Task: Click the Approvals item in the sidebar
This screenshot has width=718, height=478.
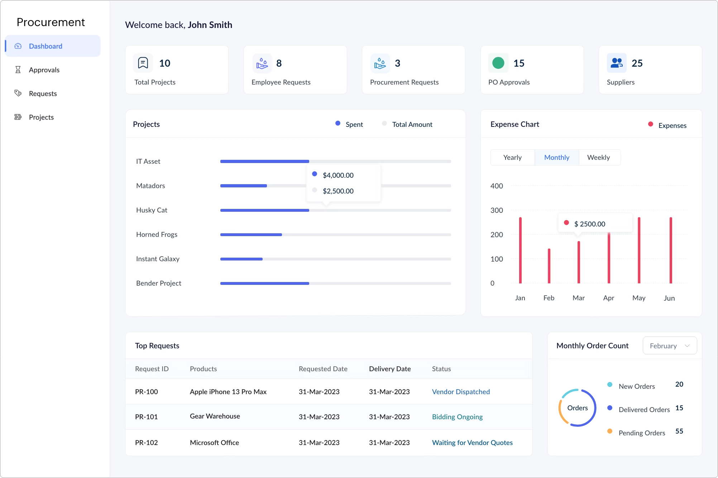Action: (x=44, y=70)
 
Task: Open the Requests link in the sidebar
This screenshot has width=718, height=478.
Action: (x=43, y=94)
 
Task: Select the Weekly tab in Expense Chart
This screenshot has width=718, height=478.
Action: (x=598, y=157)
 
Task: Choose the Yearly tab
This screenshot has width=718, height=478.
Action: (x=512, y=157)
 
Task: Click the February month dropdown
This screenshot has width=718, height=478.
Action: (x=669, y=346)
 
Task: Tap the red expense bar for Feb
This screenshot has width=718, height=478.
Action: (x=549, y=266)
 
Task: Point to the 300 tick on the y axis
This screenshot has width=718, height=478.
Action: (x=497, y=210)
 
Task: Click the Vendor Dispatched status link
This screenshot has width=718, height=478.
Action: (x=461, y=392)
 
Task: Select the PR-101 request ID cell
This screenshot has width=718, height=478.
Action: (x=146, y=417)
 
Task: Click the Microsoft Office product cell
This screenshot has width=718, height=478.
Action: (x=214, y=443)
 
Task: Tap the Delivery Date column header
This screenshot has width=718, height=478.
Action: (x=390, y=369)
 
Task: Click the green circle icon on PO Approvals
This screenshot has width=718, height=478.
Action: (x=498, y=63)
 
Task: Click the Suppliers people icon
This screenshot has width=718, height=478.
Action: (x=617, y=63)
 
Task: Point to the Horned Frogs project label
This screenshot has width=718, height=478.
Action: (x=157, y=234)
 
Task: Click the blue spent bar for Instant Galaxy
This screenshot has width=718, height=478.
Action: (x=241, y=259)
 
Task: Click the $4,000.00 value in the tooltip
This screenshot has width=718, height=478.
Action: (x=338, y=175)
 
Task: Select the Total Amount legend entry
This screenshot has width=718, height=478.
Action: (x=412, y=124)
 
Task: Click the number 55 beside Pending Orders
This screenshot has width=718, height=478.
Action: (x=679, y=431)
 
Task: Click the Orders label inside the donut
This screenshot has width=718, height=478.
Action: (x=577, y=408)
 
